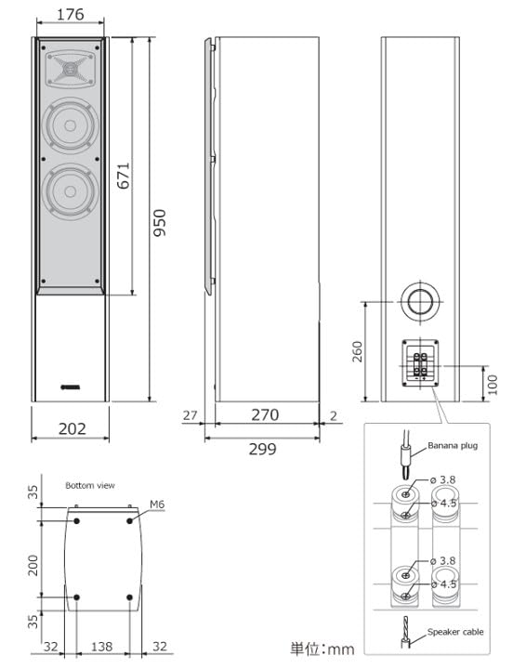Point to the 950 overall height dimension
[x=160, y=222]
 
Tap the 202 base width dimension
[x=72, y=428]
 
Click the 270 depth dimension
[x=264, y=415]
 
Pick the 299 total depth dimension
[x=264, y=449]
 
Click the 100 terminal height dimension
[x=493, y=384]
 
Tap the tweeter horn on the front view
[x=71, y=68]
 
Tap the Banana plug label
[x=453, y=446]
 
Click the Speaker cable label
[x=455, y=632]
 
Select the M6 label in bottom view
[x=157, y=505]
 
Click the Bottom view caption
[x=89, y=485]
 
